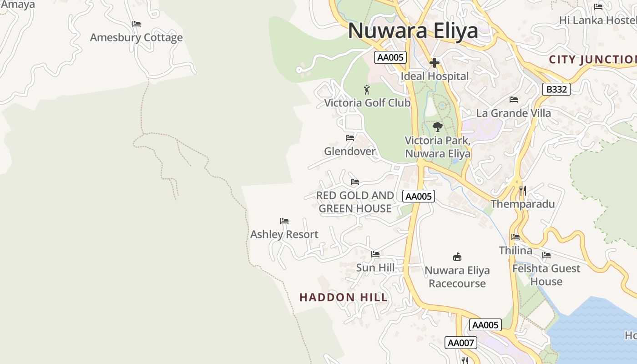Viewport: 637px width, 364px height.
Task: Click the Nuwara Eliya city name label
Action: click(x=413, y=31)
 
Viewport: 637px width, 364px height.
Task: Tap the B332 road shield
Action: click(x=556, y=89)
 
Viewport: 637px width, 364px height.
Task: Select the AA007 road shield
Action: click(x=461, y=343)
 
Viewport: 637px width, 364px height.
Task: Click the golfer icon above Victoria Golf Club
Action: click(x=367, y=90)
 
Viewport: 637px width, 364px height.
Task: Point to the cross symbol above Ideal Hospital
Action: click(x=435, y=63)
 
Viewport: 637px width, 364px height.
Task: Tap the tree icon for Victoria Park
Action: click(x=438, y=127)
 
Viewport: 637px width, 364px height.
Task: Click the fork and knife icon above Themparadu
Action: click(x=523, y=191)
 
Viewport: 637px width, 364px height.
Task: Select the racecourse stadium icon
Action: click(x=457, y=257)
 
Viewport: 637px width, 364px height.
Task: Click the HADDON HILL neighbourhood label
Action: click(x=344, y=298)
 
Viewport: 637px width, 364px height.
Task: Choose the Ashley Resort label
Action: click(x=284, y=234)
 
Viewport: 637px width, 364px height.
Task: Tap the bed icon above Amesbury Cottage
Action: click(x=136, y=24)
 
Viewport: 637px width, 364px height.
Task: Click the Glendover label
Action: click(x=350, y=151)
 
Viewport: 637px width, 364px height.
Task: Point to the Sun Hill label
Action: click(x=375, y=268)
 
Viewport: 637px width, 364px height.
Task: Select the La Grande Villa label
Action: click(x=513, y=113)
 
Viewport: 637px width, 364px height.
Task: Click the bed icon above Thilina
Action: click(x=516, y=237)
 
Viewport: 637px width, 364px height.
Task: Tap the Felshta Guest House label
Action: click(x=546, y=275)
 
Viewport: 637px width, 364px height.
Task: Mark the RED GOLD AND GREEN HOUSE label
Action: click(x=355, y=202)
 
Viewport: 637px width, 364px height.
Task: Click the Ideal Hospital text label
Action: click(x=435, y=76)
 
